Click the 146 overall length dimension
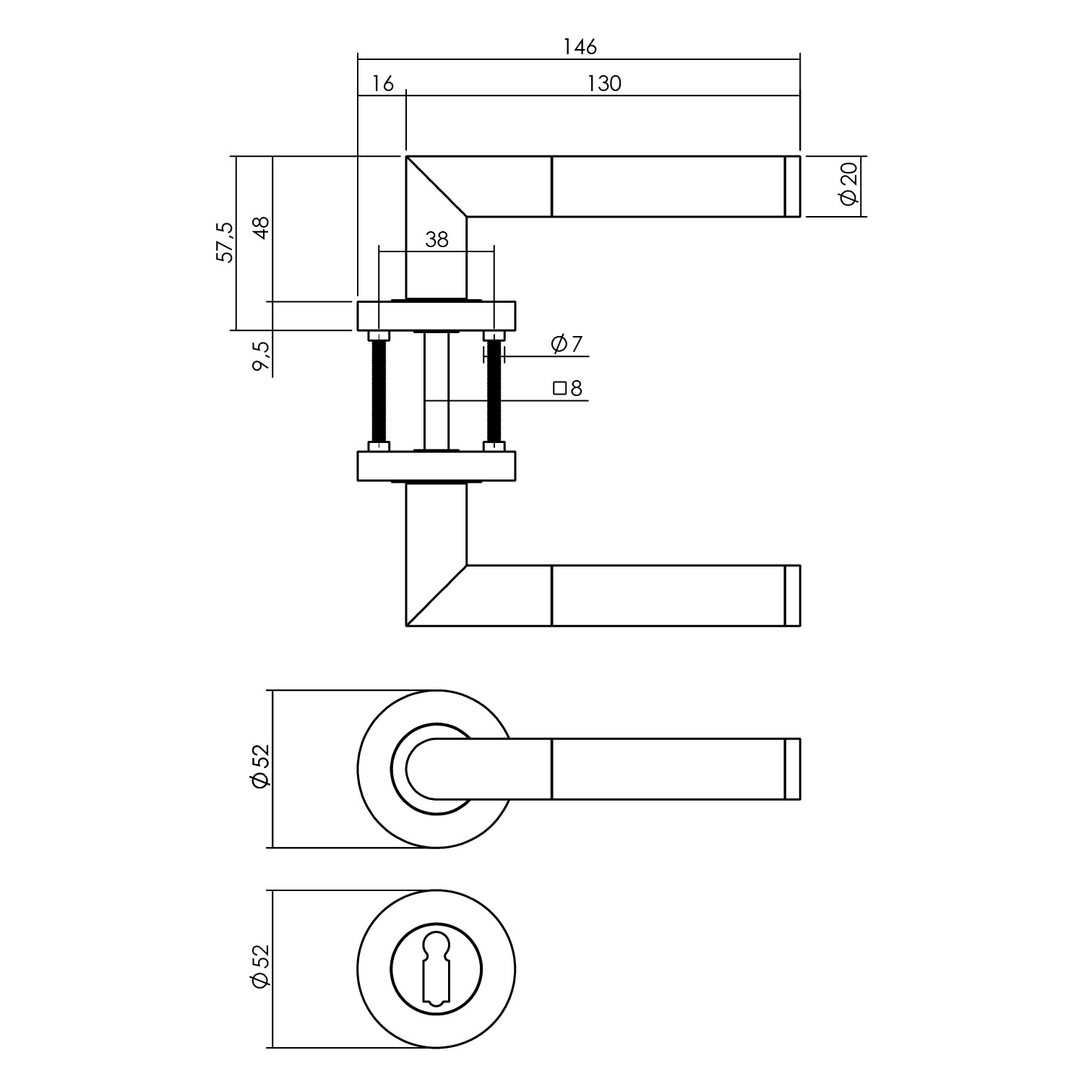580,47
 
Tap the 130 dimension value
604,84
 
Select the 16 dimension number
383,84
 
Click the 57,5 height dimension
225,242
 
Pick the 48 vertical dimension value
261,228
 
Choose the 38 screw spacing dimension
436,239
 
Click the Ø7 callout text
567,345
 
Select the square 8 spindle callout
568,389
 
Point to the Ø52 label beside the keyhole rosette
259,968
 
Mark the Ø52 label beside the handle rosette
259,767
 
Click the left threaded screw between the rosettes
379,391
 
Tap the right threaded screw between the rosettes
494,391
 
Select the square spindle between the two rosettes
436,391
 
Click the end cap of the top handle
793,186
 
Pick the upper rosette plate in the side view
436,316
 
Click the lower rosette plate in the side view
436,466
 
